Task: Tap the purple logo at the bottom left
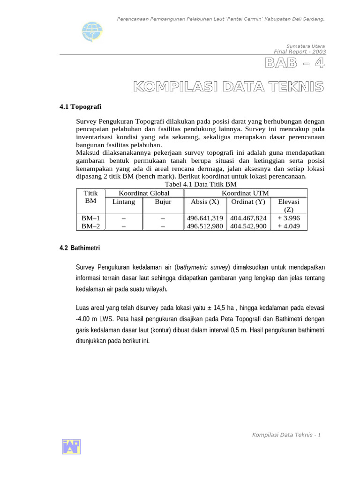pyautogui.click(x=71, y=446)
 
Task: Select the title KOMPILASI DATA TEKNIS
pyautogui.click(x=229, y=87)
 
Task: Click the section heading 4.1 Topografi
pyautogui.click(x=80, y=107)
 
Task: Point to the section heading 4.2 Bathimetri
pyautogui.click(x=80, y=247)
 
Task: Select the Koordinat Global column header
pyautogui.click(x=144, y=193)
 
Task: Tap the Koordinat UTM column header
pyautogui.click(x=245, y=193)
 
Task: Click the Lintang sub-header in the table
pyautogui.click(x=124, y=202)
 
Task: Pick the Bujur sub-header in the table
pyautogui.click(x=163, y=202)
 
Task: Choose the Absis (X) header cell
pyautogui.click(x=205, y=202)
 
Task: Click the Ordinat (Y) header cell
pyautogui.click(x=248, y=202)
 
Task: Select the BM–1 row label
pyautogui.click(x=91, y=218)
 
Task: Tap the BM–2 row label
pyautogui.click(x=91, y=226)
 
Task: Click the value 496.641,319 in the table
pyautogui.click(x=205, y=218)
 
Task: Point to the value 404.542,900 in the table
pyautogui.click(x=248, y=226)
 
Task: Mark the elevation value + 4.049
pyautogui.click(x=289, y=226)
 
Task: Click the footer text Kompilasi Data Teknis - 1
pyautogui.click(x=286, y=435)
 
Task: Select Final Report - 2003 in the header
pyautogui.click(x=300, y=52)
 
